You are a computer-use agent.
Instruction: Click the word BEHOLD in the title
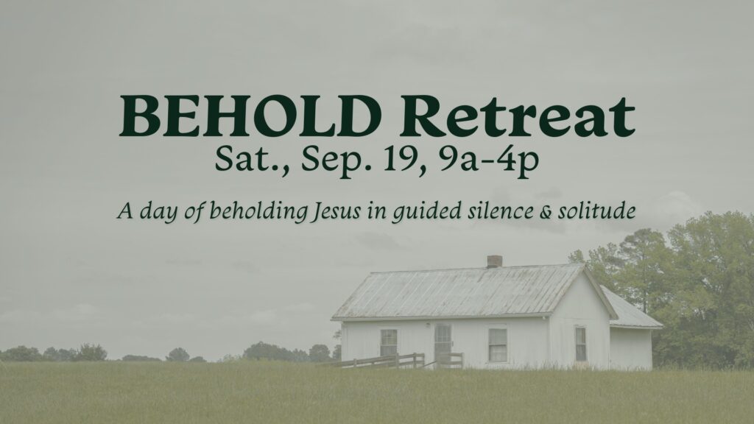(x=250, y=116)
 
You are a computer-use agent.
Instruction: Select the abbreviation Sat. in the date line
(x=252, y=160)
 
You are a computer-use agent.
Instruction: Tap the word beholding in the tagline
(x=258, y=211)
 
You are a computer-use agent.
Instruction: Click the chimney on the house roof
(x=494, y=261)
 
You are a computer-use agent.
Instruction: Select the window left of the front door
(x=389, y=342)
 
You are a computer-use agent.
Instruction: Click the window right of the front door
(x=498, y=344)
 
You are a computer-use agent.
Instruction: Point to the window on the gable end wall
(x=581, y=344)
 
